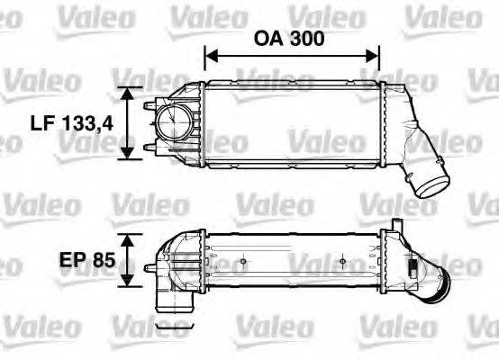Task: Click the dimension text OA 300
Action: pyautogui.click(x=290, y=39)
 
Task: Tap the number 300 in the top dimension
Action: pyautogui.click(x=306, y=39)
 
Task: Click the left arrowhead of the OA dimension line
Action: pyautogui.click(x=211, y=57)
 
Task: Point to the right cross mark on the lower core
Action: pyautogui.click(x=343, y=263)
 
